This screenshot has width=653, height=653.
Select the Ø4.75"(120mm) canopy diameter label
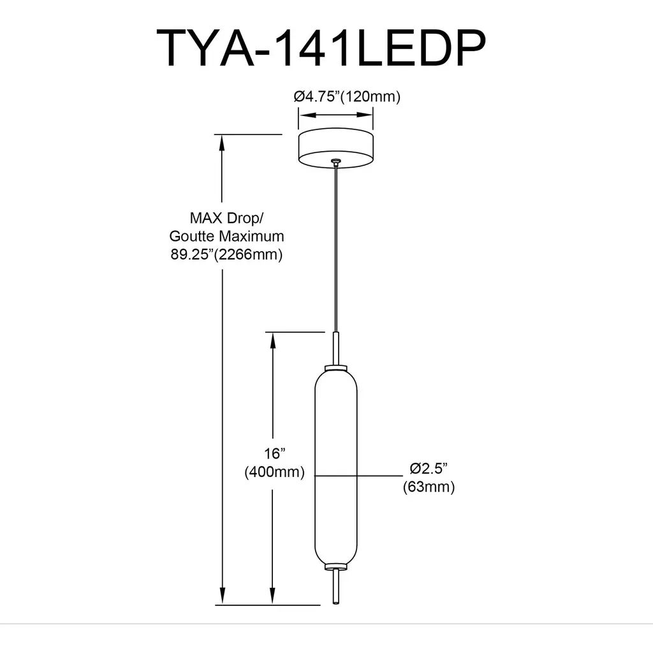tap(347, 97)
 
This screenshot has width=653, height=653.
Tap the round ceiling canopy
tap(335, 147)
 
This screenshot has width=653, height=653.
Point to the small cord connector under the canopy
tap(335, 162)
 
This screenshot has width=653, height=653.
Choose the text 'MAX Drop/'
tap(226, 218)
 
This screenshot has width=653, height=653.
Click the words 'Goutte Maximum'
tap(226, 236)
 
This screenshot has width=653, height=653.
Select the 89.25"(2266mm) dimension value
tap(226, 254)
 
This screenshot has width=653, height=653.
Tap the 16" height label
tap(275, 453)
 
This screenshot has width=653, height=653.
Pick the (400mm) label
tap(274, 472)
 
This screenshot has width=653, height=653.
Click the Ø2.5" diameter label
tap(429, 469)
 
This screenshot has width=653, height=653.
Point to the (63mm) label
tap(429, 487)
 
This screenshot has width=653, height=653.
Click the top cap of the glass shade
tap(335, 368)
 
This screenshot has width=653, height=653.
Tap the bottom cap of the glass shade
tap(335, 567)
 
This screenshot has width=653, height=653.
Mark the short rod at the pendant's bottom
tap(335, 587)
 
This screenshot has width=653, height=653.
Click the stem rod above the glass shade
tap(335, 348)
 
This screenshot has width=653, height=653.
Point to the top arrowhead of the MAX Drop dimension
tap(222, 143)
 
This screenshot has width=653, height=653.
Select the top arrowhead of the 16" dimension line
tap(273, 341)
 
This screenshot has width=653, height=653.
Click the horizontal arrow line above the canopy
tap(335, 115)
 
